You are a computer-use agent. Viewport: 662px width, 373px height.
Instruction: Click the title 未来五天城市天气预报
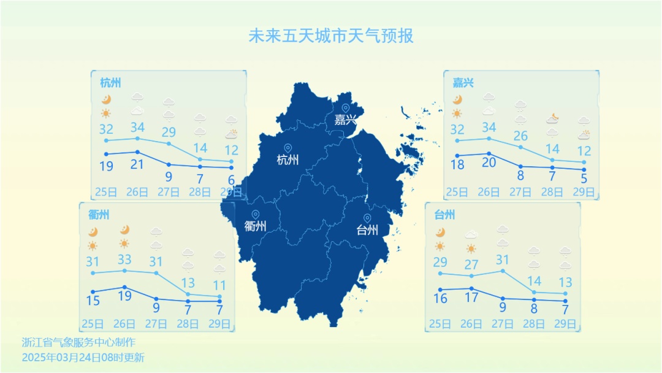pos(331,36)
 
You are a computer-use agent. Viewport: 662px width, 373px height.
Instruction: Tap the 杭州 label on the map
pos(288,160)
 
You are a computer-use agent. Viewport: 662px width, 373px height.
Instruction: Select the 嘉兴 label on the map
pos(345,120)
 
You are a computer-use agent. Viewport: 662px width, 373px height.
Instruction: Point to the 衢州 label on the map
pos(255,226)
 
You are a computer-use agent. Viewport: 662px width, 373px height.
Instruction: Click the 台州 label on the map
pos(367,230)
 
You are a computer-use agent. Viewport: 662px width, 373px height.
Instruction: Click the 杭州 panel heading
pos(110,82)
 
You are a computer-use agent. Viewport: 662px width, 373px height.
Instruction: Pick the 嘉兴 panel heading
pos(463,82)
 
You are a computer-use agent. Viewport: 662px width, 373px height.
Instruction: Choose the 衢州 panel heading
pos(99,215)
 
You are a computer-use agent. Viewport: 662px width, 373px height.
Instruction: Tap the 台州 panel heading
pos(444,215)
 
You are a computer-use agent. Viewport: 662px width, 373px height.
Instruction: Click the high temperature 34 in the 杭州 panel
pos(137,128)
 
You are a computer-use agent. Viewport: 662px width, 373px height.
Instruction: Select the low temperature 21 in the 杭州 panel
pos(137,164)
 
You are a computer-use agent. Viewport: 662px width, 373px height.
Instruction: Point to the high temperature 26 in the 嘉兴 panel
pos(520,136)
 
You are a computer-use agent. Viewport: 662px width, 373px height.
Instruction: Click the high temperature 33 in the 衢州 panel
pos(124,260)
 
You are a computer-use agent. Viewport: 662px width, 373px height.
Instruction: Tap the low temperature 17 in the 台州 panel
pos(471,299)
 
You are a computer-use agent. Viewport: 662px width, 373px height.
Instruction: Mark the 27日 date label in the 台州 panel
pos(503,323)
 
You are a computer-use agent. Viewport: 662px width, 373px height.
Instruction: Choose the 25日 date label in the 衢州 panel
pos(93,323)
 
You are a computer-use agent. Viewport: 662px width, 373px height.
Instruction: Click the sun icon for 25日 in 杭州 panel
pos(106,113)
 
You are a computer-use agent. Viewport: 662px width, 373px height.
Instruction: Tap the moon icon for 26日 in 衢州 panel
pos(124,230)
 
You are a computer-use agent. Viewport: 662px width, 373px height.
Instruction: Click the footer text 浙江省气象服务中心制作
pos(78,342)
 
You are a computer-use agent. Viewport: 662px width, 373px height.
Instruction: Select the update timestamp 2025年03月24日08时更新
pos(83,356)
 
